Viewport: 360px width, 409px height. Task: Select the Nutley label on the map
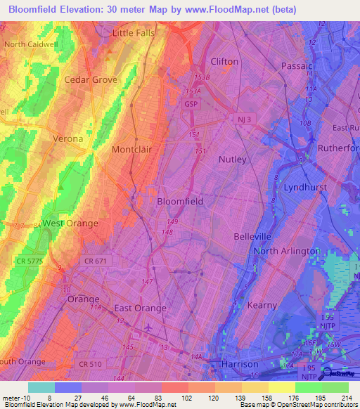point(232,160)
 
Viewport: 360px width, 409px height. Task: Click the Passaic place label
point(297,65)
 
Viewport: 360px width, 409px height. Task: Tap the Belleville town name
point(252,238)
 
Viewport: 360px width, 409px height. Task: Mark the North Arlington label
point(287,251)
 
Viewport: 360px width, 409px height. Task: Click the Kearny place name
point(262,305)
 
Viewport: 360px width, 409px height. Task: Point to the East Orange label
point(140,309)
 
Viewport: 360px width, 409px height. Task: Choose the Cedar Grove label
point(91,80)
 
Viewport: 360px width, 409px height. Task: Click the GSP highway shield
point(191,103)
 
